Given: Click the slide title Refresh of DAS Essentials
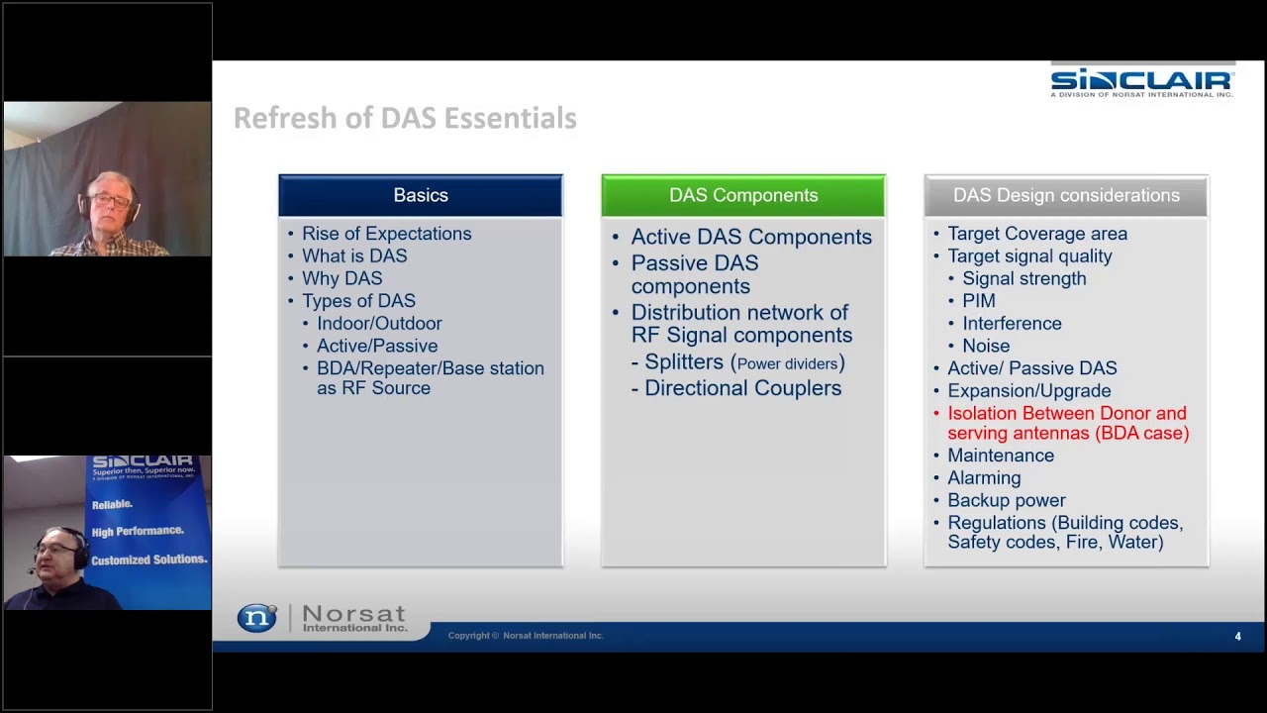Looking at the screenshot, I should (x=405, y=118).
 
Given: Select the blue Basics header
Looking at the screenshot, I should (x=421, y=195).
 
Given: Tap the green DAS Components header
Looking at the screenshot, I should (x=743, y=195).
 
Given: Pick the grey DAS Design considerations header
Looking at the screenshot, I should (x=1066, y=195).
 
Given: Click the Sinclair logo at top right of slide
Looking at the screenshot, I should (x=1142, y=81).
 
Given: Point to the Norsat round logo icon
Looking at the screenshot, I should (x=257, y=618).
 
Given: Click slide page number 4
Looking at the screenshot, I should (x=1237, y=637).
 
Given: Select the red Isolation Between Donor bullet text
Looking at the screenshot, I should (x=1067, y=423).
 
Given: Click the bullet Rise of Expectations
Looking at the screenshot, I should (x=386, y=234).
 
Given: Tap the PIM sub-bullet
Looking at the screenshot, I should (x=978, y=301).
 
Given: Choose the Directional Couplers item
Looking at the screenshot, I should (x=742, y=388).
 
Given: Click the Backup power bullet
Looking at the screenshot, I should (x=1006, y=500).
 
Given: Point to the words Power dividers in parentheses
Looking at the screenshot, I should (x=787, y=363).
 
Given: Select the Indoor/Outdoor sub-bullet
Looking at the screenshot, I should (x=379, y=323).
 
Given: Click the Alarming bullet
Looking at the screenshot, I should (x=984, y=477).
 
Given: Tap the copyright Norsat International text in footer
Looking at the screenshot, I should (x=526, y=636).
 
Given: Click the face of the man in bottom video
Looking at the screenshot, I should (x=55, y=551).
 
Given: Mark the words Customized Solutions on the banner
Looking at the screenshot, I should (x=148, y=560).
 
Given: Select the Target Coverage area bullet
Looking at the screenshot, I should (x=1036, y=234).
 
